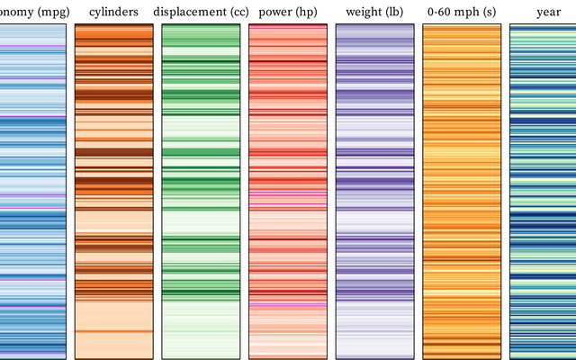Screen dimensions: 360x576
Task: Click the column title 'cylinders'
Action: pos(113,12)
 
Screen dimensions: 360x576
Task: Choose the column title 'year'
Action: pos(548,12)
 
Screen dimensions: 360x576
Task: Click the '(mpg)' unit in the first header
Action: pos(45,12)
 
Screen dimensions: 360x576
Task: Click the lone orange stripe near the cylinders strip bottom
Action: pos(113,331)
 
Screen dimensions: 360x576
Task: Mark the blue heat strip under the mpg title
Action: pos(32,189)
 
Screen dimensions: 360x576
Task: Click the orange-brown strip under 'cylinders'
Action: pos(113,189)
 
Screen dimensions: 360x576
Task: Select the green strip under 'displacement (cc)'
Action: pos(201,189)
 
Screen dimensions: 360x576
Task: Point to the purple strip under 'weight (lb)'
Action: pos(374,189)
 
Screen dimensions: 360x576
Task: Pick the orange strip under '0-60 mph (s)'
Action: pos(462,189)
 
